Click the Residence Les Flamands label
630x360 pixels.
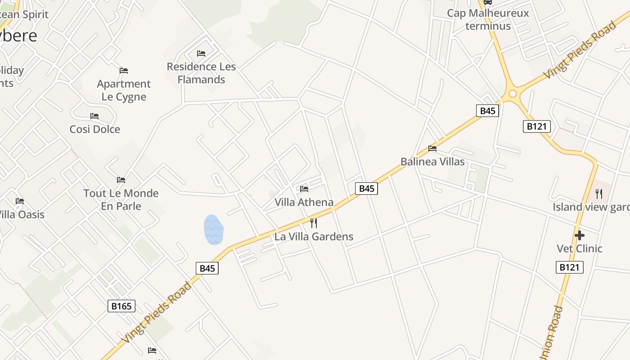[201, 73]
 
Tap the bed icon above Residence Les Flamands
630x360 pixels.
[201, 54]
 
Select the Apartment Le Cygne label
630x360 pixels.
[124, 90]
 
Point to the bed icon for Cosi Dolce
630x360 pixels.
[94, 116]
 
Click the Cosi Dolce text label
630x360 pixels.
[95, 130]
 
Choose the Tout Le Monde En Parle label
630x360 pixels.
[121, 200]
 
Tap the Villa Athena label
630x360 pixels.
[304, 202]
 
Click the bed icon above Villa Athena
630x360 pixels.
[304, 189]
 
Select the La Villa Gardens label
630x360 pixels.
[314, 237]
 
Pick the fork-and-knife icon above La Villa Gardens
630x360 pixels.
[314, 223]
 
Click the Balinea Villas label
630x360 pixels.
[432, 162]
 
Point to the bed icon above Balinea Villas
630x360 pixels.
[432, 148]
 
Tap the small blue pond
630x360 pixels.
[213, 229]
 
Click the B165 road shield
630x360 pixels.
[121, 306]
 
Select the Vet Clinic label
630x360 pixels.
[580, 249]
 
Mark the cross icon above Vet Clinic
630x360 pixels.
[580, 235]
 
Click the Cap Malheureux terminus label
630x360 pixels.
[488, 19]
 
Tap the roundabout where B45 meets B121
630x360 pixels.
[512, 94]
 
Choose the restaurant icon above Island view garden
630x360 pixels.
[599, 194]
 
